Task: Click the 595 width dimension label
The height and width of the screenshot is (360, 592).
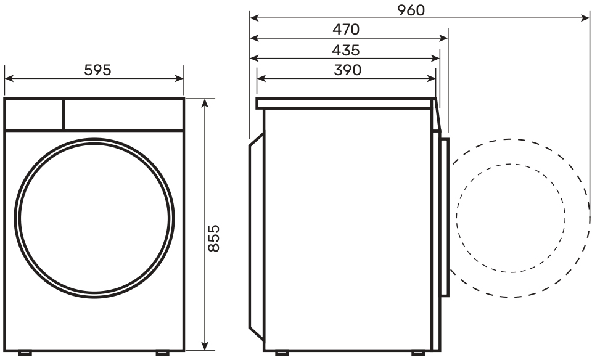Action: pyautogui.click(x=97, y=70)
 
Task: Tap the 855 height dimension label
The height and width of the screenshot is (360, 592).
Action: pyautogui.click(x=214, y=238)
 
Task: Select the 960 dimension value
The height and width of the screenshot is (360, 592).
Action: pyautogui.click(x=411, y=10)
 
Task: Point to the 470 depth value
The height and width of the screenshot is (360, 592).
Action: pyautogui.click(x=346, y=30)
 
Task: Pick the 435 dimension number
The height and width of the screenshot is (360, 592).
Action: pyautogui.click(x=346, y=50)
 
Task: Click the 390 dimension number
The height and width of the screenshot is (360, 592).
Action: pyautogui.click(x=347, y=70)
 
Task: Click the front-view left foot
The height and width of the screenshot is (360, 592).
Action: pyautogui.click(x=25, y=353)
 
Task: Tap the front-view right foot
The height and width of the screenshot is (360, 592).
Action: pyautogui.click(x=163, y=353)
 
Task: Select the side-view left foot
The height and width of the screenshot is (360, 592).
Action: pyautogui.click(x=282, y=353)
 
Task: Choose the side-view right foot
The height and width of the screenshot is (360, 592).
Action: pyautogui.click(x=418, y=353)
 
